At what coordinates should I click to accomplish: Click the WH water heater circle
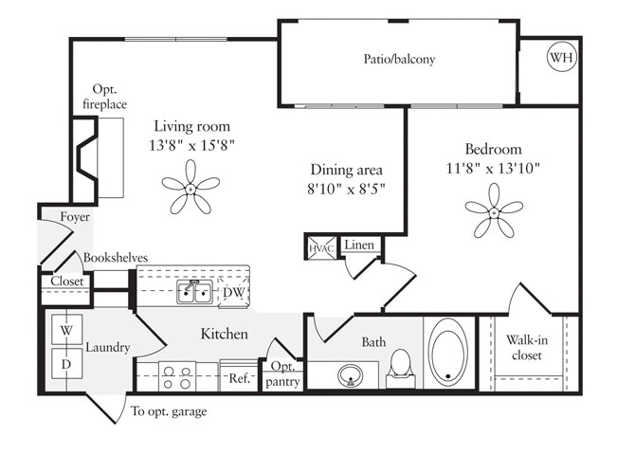coord(561,58)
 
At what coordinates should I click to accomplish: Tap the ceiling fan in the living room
coord(190,188)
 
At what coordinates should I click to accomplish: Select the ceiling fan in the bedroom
coord(494,211)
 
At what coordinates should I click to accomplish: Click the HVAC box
coord(317,248)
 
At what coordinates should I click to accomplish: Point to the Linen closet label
coord(359,246)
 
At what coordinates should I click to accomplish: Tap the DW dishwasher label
coord(233,293)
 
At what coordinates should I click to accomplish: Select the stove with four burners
coord(175,376)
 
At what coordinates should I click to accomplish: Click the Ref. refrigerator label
coord(238,376)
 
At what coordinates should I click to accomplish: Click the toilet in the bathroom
coord(401,366)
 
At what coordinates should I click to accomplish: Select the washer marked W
coord(66,331)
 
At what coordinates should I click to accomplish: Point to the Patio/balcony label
coord(399,59)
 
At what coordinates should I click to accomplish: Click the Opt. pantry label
coord(285,374)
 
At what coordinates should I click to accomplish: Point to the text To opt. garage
coord(169,411)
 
